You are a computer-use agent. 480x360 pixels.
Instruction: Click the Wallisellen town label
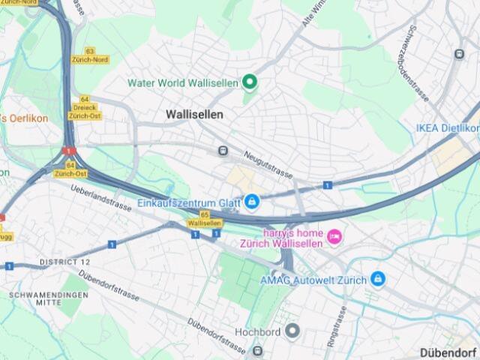point(194,114)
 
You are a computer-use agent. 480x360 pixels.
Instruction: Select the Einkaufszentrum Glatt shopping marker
point(251,202)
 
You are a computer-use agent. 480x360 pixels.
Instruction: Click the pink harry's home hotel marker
point(334,237)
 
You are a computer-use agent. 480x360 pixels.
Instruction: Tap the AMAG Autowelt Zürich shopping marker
point(378,280)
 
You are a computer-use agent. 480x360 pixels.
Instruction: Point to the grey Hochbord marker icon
point(292,331)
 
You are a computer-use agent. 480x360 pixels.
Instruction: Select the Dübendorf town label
point(448,352)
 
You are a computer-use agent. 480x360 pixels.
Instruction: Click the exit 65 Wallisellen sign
point(205,219)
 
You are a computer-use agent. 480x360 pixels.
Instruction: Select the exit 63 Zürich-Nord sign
point(90,55)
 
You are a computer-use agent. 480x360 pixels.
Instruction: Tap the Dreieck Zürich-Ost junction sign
point(85,108)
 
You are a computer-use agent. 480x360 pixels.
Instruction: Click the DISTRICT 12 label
point(64,262)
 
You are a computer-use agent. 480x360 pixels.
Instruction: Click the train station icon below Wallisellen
point(223,151)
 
